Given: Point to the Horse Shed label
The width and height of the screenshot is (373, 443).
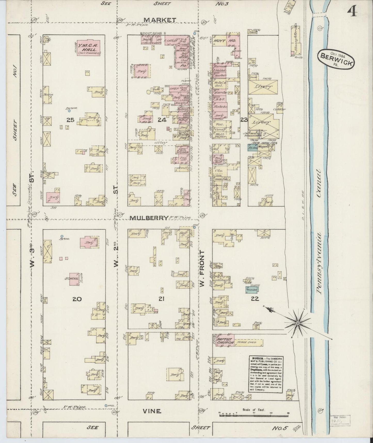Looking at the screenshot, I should coord(248,342).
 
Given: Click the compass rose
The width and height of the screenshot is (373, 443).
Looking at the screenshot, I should coord(298,323).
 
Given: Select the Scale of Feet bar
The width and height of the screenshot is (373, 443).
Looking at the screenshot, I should coord(254,415).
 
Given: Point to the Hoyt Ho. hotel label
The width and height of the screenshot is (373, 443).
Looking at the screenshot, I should coord(225,41).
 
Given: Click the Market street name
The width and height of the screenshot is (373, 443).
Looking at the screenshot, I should coord(160,20).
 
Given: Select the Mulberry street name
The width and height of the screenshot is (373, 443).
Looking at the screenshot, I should coord(149,218).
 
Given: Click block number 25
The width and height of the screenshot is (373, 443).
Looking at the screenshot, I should coord(70,120).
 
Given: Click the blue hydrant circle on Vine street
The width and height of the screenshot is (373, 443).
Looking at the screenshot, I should coord(106,406).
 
